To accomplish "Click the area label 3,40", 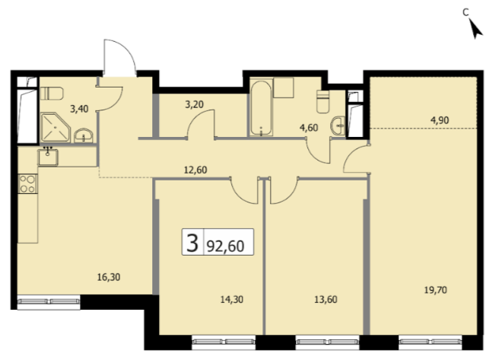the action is click(x=79, y=109).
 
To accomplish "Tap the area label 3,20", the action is click(x=194, y=104).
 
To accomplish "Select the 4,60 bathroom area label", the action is click(x=309, y=127).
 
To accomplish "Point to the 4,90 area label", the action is click(x=440, y=120).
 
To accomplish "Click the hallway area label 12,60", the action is click(x=195, y=170).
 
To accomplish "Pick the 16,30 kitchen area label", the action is click(x=109, y=277).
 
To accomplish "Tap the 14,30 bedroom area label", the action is click(x=232, y=300).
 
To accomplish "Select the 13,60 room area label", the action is click(x=325, y=300).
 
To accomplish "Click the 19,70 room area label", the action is click(x=436, y=291).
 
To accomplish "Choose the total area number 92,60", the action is click(x=225, y=246).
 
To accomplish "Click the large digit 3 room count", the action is click(x=192, y=243).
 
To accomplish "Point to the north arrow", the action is click(x=475, y=29).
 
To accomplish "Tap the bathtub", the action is click(x=261, y=108).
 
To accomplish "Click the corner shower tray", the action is click(x=56, y=127).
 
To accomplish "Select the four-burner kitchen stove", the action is click(x=27, y=184).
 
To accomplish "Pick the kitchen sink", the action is click(x=48, y=157).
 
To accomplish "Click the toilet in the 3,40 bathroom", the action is click(x=52, y=94).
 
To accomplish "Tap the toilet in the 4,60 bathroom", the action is click(x=322, y=101).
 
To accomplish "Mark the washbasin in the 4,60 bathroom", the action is click(x=338, y=126).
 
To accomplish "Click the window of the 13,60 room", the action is click(x=328, y=342).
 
